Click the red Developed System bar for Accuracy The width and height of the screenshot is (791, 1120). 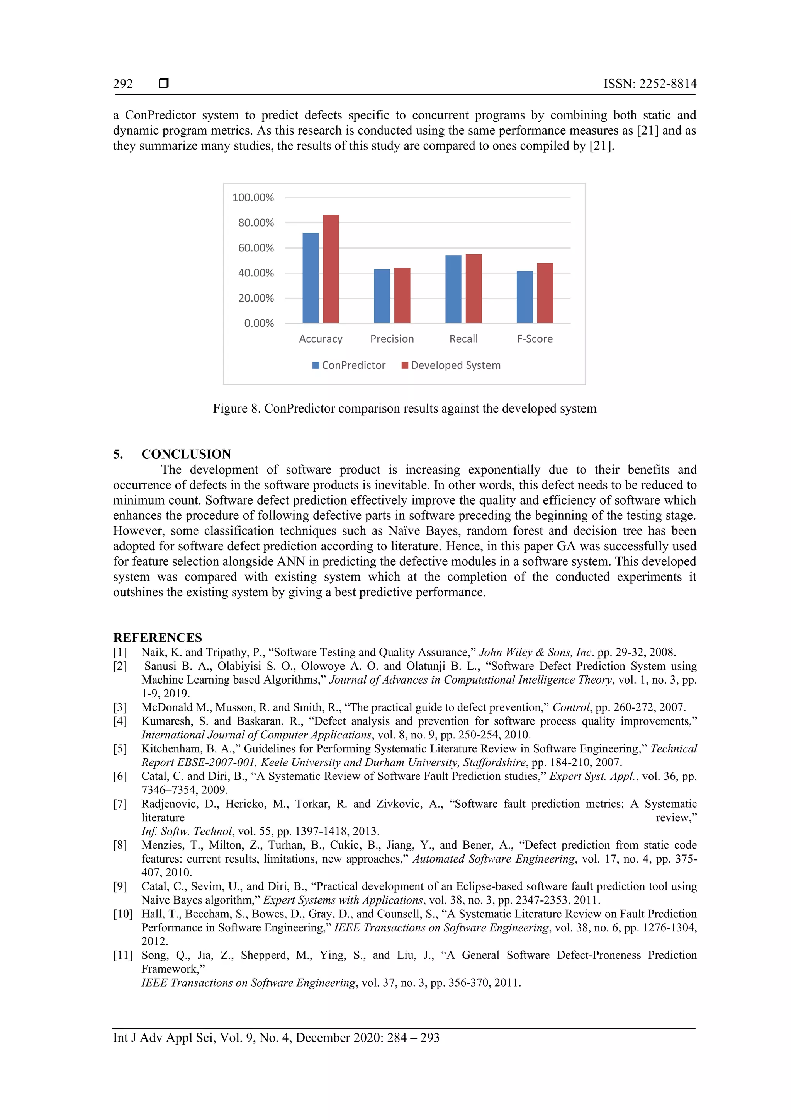[x=331, y=269]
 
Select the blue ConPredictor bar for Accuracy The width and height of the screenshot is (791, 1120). [x=311, y=278]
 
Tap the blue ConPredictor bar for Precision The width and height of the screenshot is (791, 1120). [x=382, y=296]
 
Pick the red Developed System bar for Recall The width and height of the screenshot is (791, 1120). [x=473, y=288]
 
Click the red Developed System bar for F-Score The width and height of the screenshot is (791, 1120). [x=545, y=293]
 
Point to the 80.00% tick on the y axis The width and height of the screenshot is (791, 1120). [x=256, y=223]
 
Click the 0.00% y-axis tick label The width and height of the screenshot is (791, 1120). [x=259, y=324]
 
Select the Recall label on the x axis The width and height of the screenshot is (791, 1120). [x=463, y=339]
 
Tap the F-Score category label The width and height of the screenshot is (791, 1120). [x=535, y=339]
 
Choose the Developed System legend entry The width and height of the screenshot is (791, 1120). [x=451, y=365]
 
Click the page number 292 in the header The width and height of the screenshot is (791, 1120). [x=123, y=84]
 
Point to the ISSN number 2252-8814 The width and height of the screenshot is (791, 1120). [x=668, y=84]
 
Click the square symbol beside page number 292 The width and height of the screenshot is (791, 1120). [x=164, y=84]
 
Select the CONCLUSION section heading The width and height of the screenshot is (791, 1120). [x=186, y=454]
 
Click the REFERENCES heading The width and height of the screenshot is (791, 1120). [x=158, y=638]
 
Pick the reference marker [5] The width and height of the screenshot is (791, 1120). [x=120, y=749]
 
